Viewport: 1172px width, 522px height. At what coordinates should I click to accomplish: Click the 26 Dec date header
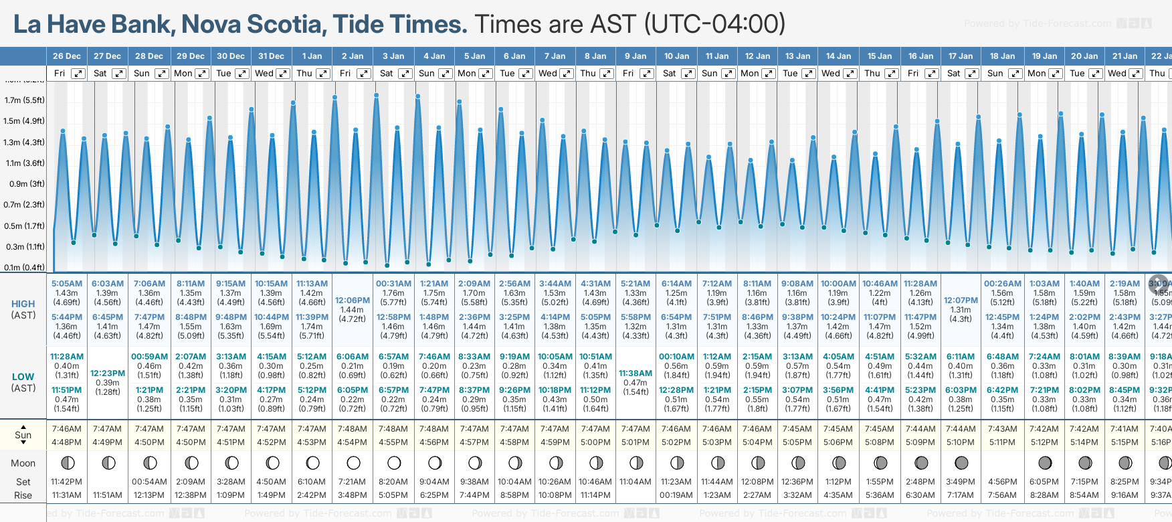(67, 56)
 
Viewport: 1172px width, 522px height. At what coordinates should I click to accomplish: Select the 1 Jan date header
(312, 56)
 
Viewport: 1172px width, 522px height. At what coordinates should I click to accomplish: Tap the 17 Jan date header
(961, 56)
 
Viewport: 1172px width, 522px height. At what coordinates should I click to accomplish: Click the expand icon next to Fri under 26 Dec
(78, 74)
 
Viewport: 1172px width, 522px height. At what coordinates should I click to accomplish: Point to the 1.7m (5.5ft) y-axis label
(24, 100)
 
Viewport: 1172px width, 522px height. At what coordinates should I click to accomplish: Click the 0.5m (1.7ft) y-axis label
(24, 226)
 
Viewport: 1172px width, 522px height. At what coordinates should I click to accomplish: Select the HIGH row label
(23, 304)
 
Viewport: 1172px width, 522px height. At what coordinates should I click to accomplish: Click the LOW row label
(23, 377)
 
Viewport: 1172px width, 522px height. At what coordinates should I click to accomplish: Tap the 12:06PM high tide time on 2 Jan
(353, 300)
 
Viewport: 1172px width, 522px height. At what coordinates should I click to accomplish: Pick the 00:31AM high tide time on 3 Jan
(393, 284)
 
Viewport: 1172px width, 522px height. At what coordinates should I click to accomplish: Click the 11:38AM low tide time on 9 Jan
(636, 373)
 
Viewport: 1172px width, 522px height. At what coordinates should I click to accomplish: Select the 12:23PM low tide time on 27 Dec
(108, 373)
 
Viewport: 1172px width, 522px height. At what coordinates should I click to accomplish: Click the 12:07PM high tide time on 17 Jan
(961, 300)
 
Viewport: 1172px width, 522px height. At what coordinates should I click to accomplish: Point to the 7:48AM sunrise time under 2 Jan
(353, 429)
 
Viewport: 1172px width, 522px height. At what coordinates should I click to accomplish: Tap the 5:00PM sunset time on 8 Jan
(595, 442)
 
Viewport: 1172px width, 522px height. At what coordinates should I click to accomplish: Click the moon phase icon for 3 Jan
(394, 462)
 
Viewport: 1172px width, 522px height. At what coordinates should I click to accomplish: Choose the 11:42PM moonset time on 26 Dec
(66, 482)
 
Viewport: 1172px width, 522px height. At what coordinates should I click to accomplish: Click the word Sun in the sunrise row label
(23, 435)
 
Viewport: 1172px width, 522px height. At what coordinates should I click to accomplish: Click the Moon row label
(23, 463)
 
